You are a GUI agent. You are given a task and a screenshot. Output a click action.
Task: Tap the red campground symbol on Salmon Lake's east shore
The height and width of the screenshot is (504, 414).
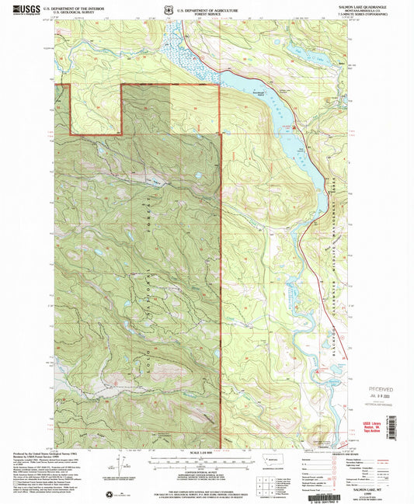click(x=294, y=124)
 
